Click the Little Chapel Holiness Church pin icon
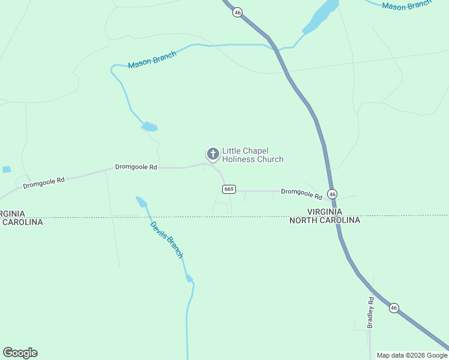tap(212, 154)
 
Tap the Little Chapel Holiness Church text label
tap(252, 155)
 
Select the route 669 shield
tap(229, 190)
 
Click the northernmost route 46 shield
tap(238, 12)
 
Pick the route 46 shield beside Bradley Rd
tap(394, 308)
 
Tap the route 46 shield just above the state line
tap(333, 194)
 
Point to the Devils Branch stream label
tap(166, 239)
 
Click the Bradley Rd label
tap(371, 313)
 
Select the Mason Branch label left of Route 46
tap(152, 60)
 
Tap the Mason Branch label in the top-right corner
tap(406, 5)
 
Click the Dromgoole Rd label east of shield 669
tap(301, 193)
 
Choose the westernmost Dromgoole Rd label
tap(44, 182)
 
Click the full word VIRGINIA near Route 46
tap(325, 212)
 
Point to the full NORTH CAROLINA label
tap(325, 220)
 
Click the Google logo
tap(20, 353)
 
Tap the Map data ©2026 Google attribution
tap(412, 355)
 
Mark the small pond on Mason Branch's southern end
tap(149, 127)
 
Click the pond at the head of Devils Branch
tap(142, 201)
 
